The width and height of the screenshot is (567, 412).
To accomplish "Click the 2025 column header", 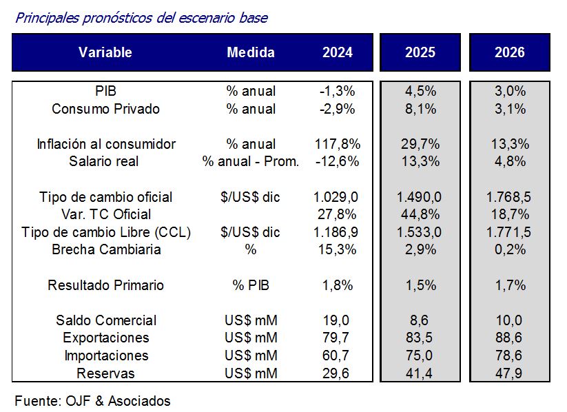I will pos(420,52).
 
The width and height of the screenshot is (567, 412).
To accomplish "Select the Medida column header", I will pos(251,52).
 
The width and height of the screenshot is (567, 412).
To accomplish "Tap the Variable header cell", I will pos(105,52).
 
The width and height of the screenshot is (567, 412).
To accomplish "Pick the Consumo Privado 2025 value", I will pos(420,109).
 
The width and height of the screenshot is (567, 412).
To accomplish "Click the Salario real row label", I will pos(104,161).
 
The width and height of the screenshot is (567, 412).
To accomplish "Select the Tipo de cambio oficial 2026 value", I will pos(510,197).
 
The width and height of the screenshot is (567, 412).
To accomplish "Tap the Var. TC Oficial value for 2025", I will pos(420,214).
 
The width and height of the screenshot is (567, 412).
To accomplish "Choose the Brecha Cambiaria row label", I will pos(106,249).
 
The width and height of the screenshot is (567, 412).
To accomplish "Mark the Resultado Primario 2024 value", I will pos(337,285).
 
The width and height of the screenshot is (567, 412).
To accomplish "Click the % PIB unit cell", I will pos(251,285).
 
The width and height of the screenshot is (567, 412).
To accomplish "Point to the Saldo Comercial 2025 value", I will pos(420,320).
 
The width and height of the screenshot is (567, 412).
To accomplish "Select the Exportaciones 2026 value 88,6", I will pos(510,338).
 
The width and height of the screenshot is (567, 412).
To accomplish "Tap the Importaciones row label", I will pos(106,356).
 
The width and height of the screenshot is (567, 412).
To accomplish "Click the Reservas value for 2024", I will pos(337,373).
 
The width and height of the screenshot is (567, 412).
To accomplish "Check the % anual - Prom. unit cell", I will pos(251,161).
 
